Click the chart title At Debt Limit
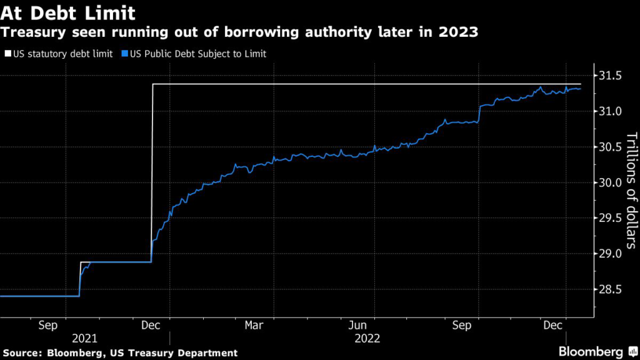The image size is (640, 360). pos(69,12)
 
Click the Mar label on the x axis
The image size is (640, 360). pos(254,326)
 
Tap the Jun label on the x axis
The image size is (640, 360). pos(357,326)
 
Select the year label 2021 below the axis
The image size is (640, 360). pos(84,338)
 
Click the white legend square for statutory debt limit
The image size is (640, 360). pos(7,54)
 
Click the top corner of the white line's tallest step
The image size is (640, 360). pos(153,84)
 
